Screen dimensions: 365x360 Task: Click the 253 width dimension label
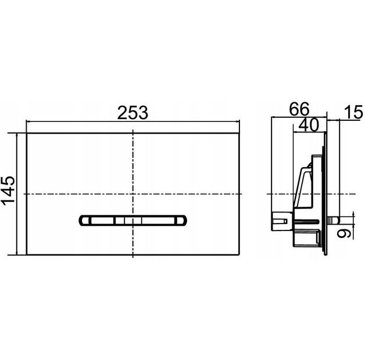click(133, 113)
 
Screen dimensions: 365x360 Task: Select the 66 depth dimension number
click(299, 109)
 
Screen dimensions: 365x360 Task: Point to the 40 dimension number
click(308, 125)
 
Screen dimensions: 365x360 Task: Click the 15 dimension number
click(353, 112)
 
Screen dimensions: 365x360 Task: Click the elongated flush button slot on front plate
click(133, 221)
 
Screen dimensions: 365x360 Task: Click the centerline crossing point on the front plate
click(133, 193)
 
